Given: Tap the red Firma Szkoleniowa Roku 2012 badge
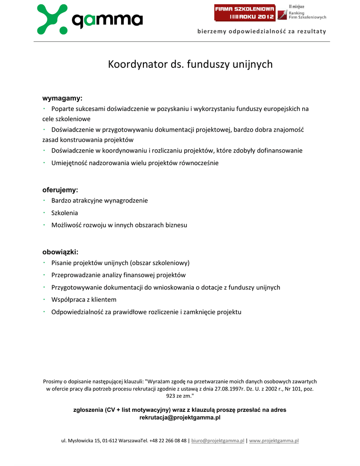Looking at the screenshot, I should pos(245,13).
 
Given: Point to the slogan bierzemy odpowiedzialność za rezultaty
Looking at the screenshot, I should pos(262,31).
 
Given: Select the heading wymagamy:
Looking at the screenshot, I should pos(62,98).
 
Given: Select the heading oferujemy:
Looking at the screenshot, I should pos(60,190).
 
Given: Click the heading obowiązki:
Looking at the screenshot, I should pos(60,252).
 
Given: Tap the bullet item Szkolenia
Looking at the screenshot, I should pos(65,213).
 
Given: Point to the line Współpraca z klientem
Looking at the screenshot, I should pos(84,299).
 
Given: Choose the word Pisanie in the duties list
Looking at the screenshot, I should pos(61,263).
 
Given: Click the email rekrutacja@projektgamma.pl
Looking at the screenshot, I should pos(180,417).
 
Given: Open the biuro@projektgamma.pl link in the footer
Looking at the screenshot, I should pos(218,441).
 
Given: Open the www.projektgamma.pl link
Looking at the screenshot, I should pos(274,441).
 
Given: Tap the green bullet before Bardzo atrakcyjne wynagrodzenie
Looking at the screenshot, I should pos(44,200).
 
